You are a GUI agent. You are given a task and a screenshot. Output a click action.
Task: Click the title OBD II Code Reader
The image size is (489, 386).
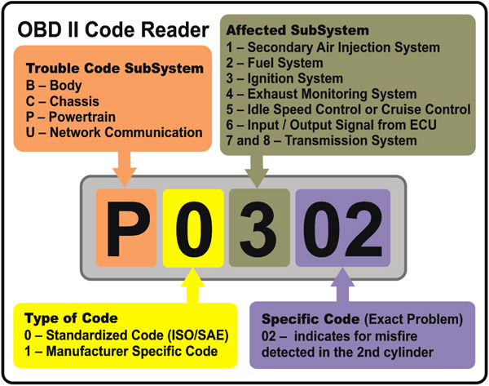pos(113,30)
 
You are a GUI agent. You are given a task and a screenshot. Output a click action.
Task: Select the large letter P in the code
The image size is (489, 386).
pos(128,229)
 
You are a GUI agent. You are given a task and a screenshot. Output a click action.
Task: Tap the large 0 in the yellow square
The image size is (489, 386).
pos(194,229)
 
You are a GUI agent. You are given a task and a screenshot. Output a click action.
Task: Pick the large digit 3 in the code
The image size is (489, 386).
pos(258,229)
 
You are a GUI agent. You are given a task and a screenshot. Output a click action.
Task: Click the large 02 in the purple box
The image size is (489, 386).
pos(343,229)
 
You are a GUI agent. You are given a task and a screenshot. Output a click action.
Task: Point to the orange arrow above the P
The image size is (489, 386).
pos(125,169)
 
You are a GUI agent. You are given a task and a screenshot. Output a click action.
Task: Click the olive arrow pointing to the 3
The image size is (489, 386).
pos(257,171)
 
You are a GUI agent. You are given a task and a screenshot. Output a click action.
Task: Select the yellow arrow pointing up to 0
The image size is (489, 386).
pos(192,286)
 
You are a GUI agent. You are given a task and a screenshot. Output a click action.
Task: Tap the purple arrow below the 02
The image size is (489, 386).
pos(342,285)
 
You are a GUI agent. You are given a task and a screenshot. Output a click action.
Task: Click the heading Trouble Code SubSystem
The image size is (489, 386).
pos(115,69)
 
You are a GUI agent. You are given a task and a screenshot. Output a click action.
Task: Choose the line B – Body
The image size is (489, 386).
pos(54,85)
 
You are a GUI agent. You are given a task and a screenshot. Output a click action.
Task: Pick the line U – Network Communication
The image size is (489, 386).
pos(114,132)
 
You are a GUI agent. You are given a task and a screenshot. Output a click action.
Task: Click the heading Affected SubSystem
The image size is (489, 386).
pos(297,30)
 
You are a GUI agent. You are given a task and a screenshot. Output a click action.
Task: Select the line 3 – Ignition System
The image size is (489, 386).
pos(284,78)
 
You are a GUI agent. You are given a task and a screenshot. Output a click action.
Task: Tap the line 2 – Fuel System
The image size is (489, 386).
pos(275,63)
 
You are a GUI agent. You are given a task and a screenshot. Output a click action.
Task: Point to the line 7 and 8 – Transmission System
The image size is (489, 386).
pos(322,140)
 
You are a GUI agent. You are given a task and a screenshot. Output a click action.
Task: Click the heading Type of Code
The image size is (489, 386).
pos(71,318)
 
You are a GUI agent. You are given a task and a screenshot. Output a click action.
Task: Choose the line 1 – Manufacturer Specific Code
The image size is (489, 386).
pos(121,352)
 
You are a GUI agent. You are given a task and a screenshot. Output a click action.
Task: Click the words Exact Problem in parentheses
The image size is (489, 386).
pos(413,319)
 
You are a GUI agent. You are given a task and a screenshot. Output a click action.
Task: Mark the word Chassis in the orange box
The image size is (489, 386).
pos(74,101)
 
